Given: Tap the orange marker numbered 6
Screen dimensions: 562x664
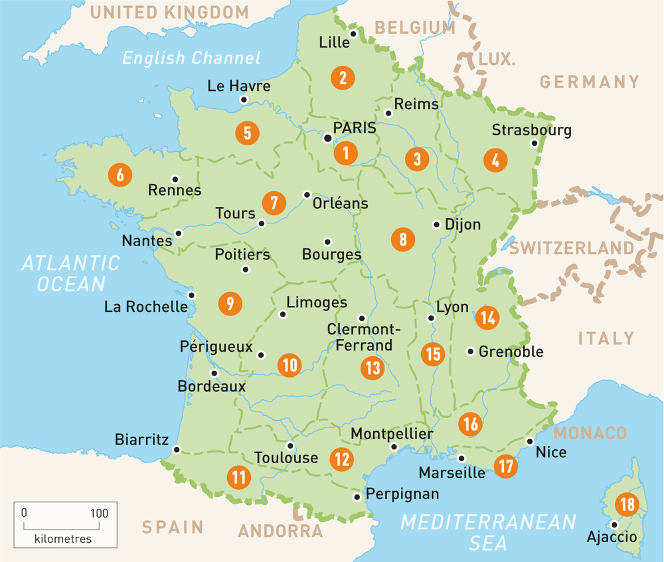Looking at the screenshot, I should (x=120, y=176).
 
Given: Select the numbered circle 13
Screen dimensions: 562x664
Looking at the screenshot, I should (x=373, y=367).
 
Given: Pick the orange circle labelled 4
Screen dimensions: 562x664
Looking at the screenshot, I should (x=495, y=160).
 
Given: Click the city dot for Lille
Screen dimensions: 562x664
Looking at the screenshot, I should (x=354, y=34).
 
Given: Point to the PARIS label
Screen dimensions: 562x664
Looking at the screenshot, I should (x=355, y=127).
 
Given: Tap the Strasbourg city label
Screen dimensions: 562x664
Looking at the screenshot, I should (x=531, y=129).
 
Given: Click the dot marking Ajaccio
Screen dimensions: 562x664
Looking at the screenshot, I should (x=614, y=525).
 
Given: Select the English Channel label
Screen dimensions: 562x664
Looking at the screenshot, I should (x=191, y=58).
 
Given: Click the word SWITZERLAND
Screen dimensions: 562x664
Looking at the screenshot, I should (x=572, y=248).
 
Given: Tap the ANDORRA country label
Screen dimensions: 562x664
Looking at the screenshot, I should (x=280, y=531).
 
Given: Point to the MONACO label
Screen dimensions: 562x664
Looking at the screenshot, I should (x=590, y=433).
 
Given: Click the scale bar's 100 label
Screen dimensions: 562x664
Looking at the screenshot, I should (x=99, y=512).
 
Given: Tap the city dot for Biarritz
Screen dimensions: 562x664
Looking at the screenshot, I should (x=176, y=450).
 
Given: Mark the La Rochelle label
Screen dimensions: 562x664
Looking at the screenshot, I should (x=146, y=307).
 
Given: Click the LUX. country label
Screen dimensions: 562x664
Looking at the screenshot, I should (x=496, y=59).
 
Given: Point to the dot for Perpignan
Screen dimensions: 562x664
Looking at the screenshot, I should (x=357, y=496).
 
